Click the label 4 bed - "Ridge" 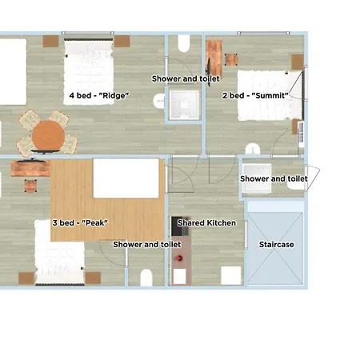tap(99, 95)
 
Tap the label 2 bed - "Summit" tap(254, 95)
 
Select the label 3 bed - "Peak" tap(80, 222)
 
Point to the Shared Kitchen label tap(206, 222)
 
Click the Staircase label tap(275, 244)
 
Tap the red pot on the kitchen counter tap(180, 259)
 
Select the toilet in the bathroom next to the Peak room tap(146, 277)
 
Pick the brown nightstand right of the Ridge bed tap(122, 41)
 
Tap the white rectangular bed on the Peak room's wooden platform tap(126, 178)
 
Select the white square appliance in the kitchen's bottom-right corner tap(231, 274)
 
